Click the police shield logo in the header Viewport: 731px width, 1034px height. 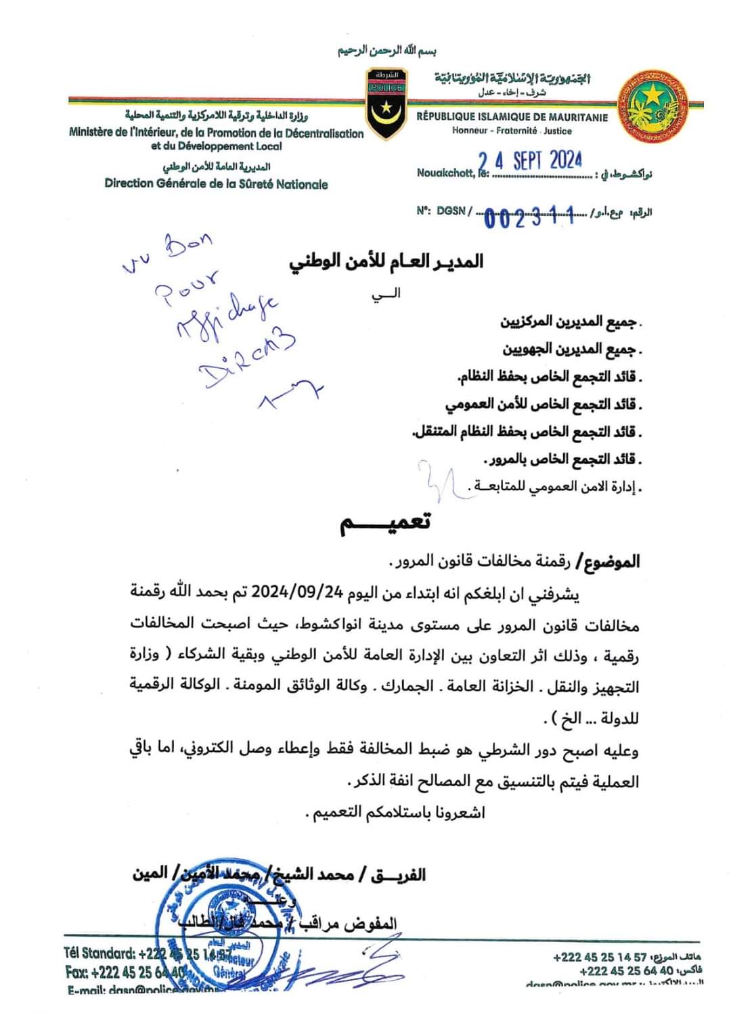(386, 103)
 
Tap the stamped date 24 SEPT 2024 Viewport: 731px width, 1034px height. (530, 161)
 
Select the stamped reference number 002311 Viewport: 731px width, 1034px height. (529, 217)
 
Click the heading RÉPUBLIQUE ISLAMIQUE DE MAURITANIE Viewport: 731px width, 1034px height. (512, 117)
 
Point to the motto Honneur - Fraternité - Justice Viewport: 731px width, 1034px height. (512, 131)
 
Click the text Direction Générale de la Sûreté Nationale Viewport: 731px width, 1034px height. (216, 183)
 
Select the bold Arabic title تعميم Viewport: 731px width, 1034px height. (385, 523)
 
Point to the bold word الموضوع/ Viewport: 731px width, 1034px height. (611, 562)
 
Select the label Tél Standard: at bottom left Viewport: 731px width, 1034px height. (99, 953)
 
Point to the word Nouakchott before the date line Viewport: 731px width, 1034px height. (445, 173)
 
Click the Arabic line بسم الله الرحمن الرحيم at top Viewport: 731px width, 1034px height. (387, 51)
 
